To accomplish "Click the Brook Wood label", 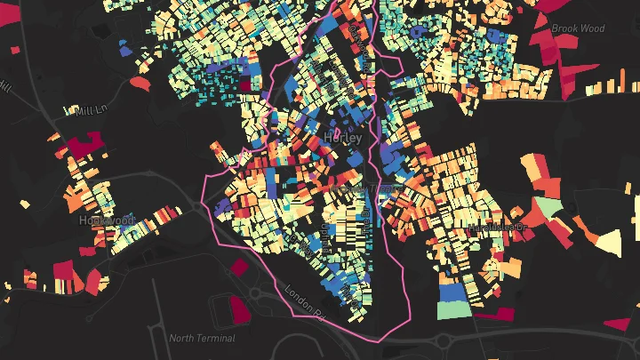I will (578, 28).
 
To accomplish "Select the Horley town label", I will (343, 139).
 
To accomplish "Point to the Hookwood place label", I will (106, 220).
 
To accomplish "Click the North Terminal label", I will (203, 338).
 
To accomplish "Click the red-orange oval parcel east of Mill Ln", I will (140, 83).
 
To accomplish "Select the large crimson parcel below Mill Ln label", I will (85, 145).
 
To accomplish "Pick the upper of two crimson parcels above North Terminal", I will (239, 266).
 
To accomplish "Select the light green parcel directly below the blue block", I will (453, 309).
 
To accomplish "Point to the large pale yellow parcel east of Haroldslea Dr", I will (610, 241).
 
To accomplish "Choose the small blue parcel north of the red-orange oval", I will (125, 51).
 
